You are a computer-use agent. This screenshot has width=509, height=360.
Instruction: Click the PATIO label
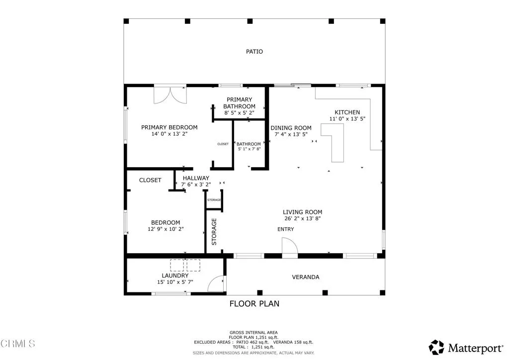point(254,52)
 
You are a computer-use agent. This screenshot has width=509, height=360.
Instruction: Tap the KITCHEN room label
point(347,112)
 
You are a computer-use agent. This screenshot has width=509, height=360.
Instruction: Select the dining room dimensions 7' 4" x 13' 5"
point(291,134)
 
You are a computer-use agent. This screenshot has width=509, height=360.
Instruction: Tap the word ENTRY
point(285,229)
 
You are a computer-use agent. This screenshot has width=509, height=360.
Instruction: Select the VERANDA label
point(305,277)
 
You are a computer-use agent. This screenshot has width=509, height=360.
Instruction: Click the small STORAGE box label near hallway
point(214,200)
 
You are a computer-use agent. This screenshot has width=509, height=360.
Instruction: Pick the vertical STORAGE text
point(214,232)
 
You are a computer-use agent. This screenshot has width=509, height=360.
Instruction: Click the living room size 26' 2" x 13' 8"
point(303,218)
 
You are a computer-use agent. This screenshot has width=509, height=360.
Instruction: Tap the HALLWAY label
point(196,178)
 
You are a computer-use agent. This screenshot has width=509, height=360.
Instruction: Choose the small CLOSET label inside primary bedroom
point(223,144)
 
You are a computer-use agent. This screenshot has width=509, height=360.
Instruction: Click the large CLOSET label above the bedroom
point(150,180)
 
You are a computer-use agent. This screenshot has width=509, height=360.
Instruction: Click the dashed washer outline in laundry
point(177,265)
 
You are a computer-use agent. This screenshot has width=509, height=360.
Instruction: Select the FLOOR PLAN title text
point(254,303)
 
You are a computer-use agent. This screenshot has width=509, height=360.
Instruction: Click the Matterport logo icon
point(436,347)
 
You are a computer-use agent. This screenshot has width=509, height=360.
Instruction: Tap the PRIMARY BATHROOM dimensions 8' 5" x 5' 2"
point(239,113)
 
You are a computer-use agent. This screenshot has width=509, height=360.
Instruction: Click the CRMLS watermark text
point(18,343)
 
